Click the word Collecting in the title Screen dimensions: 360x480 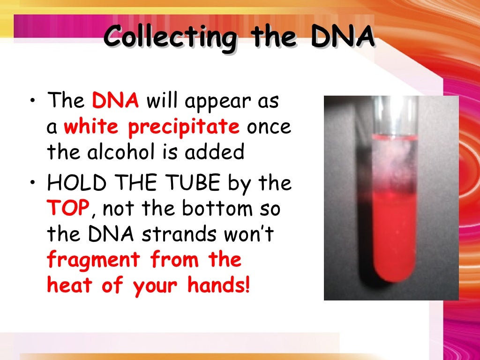tap(170, 37)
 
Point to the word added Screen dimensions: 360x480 tap(218, 152)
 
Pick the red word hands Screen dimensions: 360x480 tap(216, 285)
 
